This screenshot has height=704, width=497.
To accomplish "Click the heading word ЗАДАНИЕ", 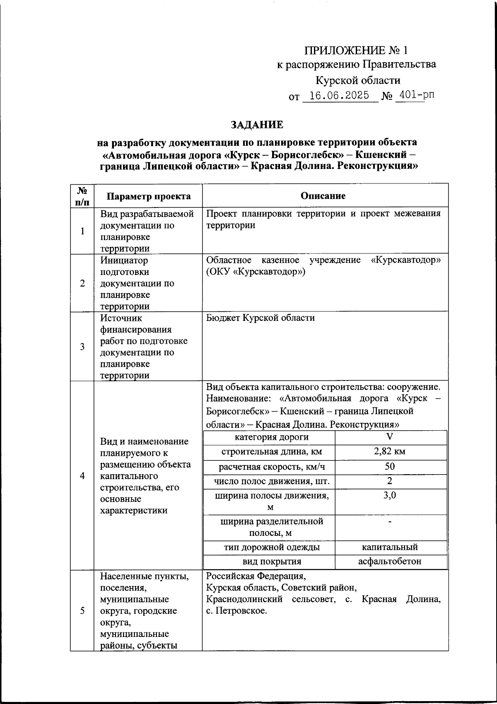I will click(257, 125).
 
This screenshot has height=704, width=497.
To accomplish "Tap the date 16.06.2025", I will click(339, 96).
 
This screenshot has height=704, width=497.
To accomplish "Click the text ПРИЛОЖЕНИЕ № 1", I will click(356, 51).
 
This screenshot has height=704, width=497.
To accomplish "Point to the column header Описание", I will click(323, 195).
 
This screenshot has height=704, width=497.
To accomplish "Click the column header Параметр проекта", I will click(148, 196).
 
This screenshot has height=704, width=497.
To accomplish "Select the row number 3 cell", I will click(82, 346).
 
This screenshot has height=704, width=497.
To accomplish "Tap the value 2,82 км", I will click(389, 451).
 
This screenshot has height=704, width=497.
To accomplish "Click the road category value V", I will click(389, 437).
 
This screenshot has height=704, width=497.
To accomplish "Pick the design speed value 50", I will click(389, 466).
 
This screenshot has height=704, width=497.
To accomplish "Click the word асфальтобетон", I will click(389, 562).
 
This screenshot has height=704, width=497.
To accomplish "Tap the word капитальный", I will click(389, 547).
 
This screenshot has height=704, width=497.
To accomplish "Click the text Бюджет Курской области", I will click(260, 318).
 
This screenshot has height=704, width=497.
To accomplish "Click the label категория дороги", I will click(271, 437).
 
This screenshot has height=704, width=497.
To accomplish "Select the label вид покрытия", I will click(271, 562).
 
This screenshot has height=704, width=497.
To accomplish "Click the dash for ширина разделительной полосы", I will click(389, 521).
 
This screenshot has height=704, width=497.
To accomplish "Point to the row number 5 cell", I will click(82, 610).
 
